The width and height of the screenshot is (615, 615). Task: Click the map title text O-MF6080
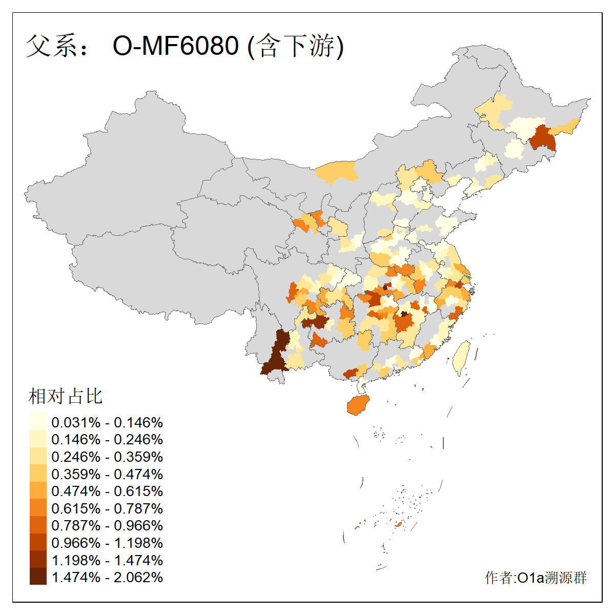(x=175, y=46)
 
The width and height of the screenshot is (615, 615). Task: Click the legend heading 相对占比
(x=65, y=396)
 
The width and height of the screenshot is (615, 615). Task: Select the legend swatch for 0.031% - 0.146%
(x=38, y=422)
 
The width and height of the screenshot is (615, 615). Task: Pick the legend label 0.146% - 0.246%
(x=107, y=439)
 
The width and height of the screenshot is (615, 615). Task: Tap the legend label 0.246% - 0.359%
(x=107, y=457)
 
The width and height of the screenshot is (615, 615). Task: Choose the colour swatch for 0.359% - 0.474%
(x=38, y=474)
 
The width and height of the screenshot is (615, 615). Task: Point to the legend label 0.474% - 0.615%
(x=107, y=491)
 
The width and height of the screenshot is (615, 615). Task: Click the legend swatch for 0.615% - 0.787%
(x=38, y=508)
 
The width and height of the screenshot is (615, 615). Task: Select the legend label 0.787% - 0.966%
(x=107, y=525)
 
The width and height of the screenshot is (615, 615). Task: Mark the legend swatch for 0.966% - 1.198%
(x=38, y=542)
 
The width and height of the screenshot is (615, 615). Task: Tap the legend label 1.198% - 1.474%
(x=107, y=560)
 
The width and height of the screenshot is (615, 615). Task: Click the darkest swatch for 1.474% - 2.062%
(x=38, y=577)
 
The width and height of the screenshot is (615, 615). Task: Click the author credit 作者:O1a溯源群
(x=536, y=578)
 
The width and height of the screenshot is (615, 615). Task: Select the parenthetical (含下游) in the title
(x=296, y=46)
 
